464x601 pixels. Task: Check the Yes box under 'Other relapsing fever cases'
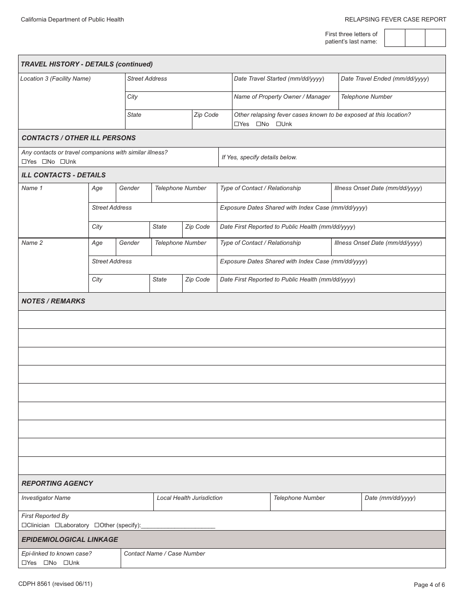(x=237, y=124)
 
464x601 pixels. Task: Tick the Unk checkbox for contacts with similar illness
(x=63, y=162)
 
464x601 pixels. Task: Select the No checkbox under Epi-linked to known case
(x=46, y=563)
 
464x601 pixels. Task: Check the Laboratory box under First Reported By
(x=57, y=525)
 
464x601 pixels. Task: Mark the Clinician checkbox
(x=24, y=525)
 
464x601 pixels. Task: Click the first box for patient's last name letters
(x=395, y=38)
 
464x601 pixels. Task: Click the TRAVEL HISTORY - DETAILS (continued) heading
(x=86, y=64)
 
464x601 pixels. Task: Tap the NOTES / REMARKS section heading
(x=53, y=301)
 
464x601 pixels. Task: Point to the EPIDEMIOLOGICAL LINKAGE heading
(x=70, y=539)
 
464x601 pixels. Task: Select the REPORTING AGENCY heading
(x=57, y=483)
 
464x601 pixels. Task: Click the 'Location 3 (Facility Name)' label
(x=55, y=79)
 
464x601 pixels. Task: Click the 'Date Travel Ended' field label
(x=385, y=79)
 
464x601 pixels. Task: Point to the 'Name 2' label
(x=32, y=243)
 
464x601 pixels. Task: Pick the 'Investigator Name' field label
(x=46, y=498)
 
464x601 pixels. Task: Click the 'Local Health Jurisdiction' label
(x=190, y=498)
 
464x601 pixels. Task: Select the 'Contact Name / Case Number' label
(x=164, y=554)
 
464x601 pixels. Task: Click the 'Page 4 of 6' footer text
(x=429, y=584)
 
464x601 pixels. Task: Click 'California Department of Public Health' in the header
(x=72, y=20)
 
